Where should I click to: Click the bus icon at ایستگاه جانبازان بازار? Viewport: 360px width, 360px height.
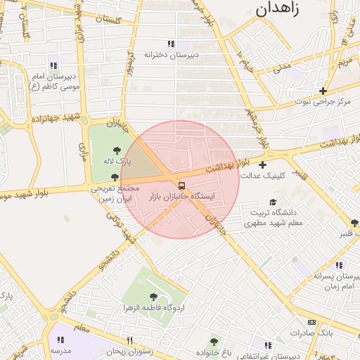(x=182, y=186)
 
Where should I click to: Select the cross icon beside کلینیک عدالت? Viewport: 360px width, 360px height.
(x=262, y=165)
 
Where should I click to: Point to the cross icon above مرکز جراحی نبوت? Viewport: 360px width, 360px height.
(x=323, y=91)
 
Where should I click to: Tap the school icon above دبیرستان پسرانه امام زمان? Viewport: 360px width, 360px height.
(x=338, y=265)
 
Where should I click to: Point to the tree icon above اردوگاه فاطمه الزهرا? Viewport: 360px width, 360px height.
(x=153, y=297)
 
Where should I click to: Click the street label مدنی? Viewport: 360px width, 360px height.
(x=281, y=68)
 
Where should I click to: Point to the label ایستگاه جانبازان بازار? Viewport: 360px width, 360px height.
(x=182, y=196)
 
